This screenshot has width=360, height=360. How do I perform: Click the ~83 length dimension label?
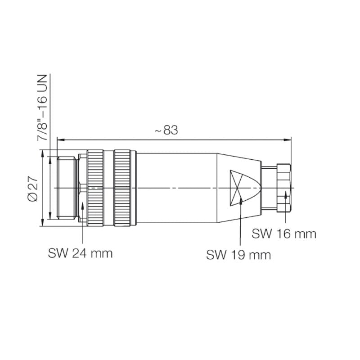(x=166, y=130)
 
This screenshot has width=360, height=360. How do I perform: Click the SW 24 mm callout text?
(x=80, y=253)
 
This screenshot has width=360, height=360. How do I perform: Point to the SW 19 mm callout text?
(x=238, y=255)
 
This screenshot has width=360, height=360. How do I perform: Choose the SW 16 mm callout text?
(x=283, y=234)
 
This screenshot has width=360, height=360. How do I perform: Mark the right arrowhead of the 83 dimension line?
(x=288, y=139)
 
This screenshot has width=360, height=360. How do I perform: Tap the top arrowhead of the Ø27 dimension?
(x=43, y=153)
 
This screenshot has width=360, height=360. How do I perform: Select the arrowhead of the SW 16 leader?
(x=286, y=194)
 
